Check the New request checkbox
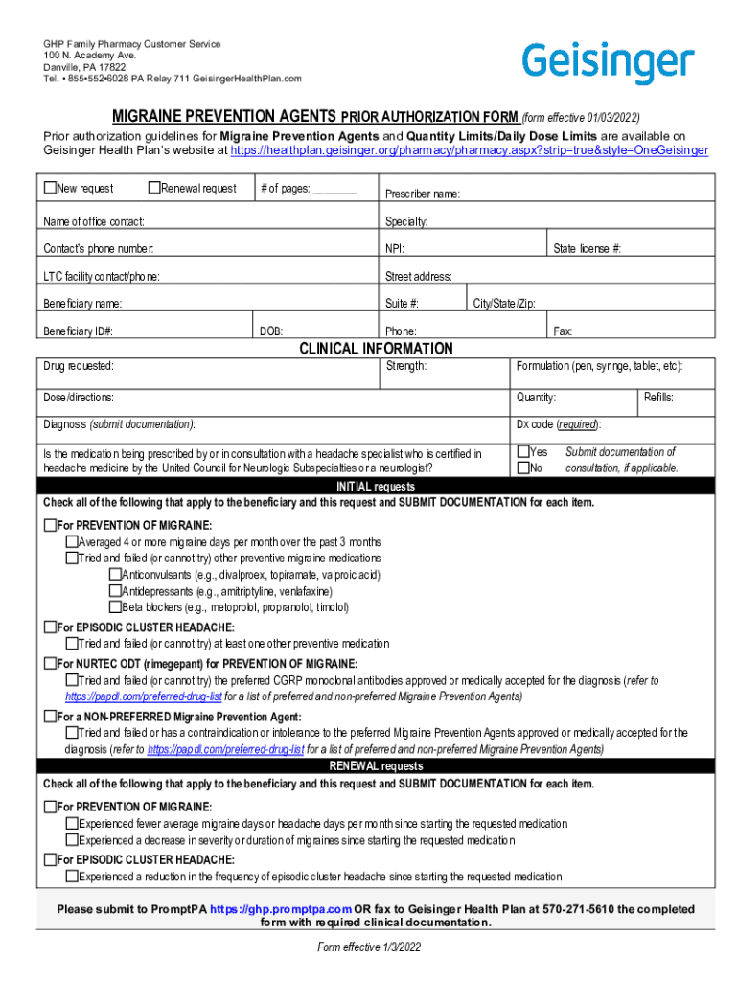coord(50,188)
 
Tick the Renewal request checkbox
coord(154,188)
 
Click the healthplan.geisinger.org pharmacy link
coord(469,150)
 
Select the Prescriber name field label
coord(422,194)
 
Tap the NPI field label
coord(394,249)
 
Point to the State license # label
coord(587,249)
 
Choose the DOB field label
coord(271,331)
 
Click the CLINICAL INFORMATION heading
coord(376,349)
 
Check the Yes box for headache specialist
coord(523,452)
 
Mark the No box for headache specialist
coord(523,468)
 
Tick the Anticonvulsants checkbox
coord(115,575)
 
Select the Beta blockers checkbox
coord(115,607)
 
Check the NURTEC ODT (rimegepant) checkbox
coord(50,664)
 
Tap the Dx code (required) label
coord(559,424)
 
